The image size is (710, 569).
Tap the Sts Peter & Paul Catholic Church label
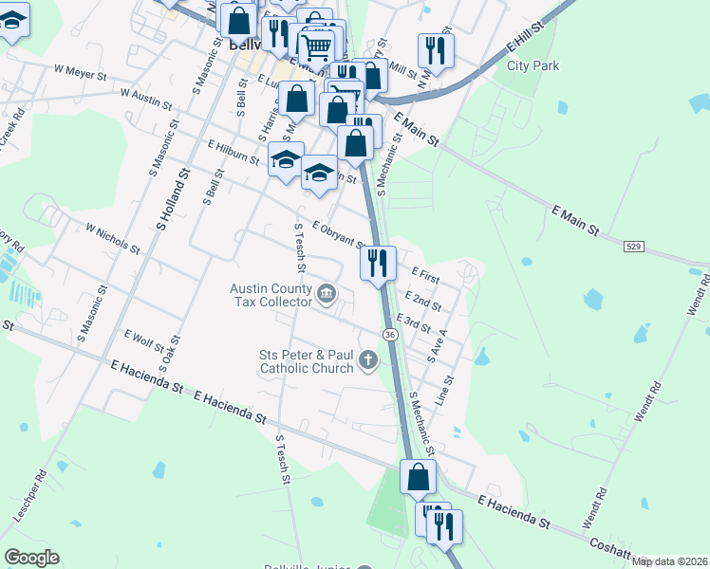pos(306,361)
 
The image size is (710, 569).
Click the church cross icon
pos(367,359)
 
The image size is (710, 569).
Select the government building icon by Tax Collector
pos(327,294)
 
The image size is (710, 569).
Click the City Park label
pos(532,66)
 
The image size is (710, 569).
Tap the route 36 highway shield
pos(390,334)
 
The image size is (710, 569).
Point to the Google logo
pos(31,558)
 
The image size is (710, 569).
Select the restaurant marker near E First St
pos(378,262)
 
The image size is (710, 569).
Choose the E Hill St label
pos(529,39)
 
